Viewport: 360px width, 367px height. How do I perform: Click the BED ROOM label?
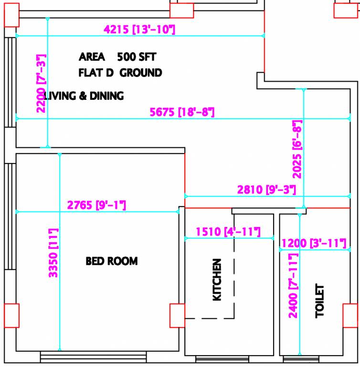click(111, 261)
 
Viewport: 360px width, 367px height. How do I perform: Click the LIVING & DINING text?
click(84, 96)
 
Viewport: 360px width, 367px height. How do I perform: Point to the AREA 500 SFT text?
click(117, 57)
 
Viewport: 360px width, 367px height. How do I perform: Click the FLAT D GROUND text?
click(120, 73)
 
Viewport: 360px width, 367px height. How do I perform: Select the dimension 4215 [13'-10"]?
click(139, 29)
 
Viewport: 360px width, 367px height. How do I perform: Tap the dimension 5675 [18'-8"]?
click(182, 112)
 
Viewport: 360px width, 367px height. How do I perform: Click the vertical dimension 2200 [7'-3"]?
click(41, 83)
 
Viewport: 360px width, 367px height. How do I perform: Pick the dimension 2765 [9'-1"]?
click(96, 205)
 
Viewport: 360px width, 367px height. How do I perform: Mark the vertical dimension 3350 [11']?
click(53, 253)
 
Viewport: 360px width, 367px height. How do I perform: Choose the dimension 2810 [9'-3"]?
click(266, 190)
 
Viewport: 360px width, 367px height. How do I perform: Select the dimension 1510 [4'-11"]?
click(228, 232)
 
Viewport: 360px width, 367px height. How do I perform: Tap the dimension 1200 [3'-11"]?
click(314, 243)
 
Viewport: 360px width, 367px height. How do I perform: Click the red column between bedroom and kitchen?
click(177, 315)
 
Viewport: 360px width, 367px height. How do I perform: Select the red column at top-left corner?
click(11, 15)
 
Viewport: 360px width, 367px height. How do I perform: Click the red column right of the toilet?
click(351, 315)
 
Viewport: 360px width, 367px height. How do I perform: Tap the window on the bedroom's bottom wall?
click(93, 356)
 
